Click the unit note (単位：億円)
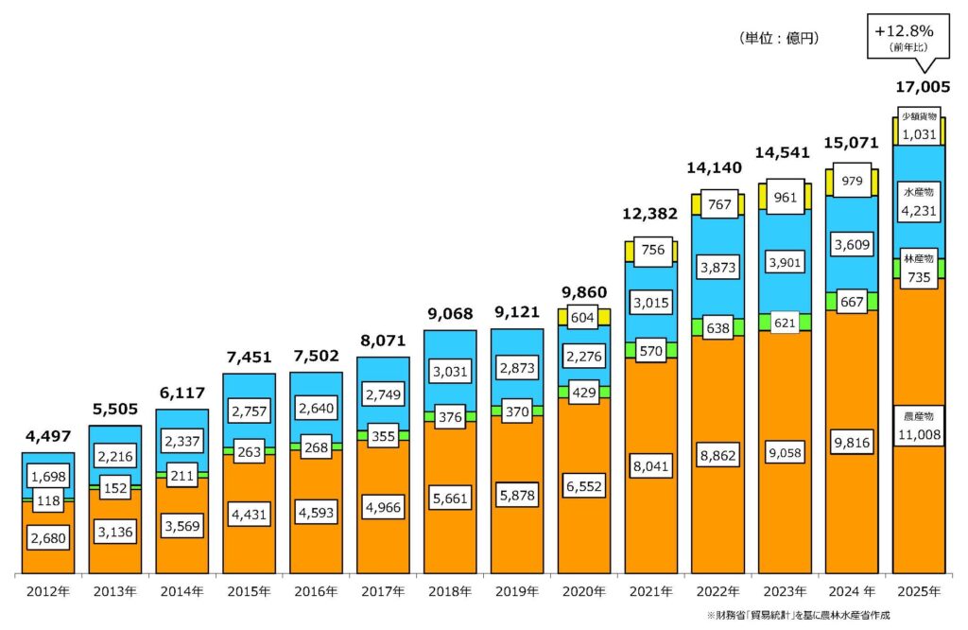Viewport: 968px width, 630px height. pyautogui.click(x=777, y=39)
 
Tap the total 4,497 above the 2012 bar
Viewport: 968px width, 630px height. pyautogui.click(x=47, y=436)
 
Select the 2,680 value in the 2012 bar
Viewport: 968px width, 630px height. pyautogui.click(x=47, y=539)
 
